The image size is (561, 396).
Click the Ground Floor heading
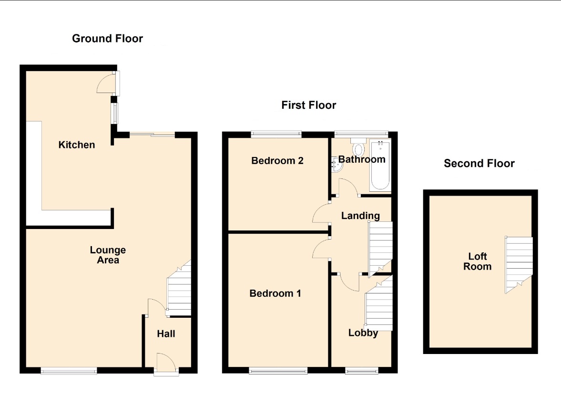coord(107,38)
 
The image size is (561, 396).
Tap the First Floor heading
coord(309,105)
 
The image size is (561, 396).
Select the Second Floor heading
coord(479,163)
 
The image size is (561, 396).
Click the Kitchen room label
coord(77,145)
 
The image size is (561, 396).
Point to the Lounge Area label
coord(108,255)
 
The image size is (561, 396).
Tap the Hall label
coord(166,333)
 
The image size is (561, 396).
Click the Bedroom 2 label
coord(277,160)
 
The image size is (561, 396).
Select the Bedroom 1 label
coord(275,293)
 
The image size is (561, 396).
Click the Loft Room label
coord(477,261)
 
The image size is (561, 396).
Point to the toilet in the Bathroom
coord(358,147)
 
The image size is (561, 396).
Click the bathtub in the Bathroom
coord(379,165)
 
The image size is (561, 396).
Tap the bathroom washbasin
coord(337,165)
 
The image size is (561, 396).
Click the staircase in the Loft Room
coord(519,264)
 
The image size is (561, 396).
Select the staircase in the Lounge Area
coord(179,288)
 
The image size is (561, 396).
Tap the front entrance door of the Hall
coord(166,364)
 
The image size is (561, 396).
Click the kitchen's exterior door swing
coord(107,82)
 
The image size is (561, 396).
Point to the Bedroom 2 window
coord(276,134)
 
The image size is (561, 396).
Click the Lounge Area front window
coord(69,371)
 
